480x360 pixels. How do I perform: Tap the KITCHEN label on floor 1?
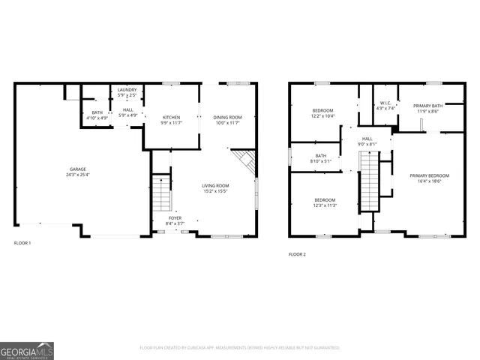(x=172, y=117)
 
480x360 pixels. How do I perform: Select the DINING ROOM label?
(x=227, y=117)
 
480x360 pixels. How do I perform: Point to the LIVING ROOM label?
(x=215, y=185)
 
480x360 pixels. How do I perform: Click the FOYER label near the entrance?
(x=174, y=217)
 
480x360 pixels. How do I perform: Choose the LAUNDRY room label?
(x=127, y=90)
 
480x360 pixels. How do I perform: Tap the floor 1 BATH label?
(x=97, y=112)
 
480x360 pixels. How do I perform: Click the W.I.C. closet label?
(x=385, y=103)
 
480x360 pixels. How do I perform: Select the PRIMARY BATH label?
(x=430, y=106)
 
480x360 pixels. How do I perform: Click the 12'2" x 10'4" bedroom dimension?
(x=322, y=116)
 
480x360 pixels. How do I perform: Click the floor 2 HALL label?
(x=367, y=138)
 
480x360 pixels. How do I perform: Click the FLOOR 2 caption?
(x=298, y=254)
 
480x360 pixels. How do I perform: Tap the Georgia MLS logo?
(x=27, y=350)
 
